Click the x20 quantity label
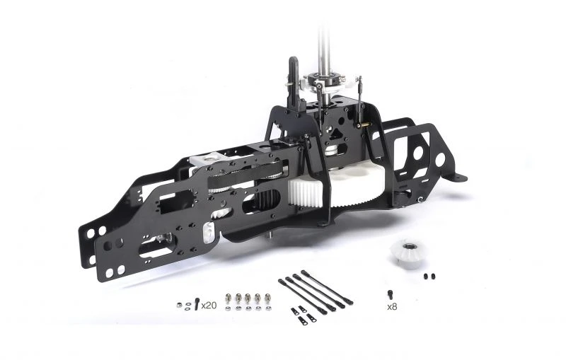click(x=209, y=306)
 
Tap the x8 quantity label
click(x=392, y=307)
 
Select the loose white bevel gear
click(x=408, y=255)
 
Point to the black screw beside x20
click(x=197, y=303)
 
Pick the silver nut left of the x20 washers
click(x=179, y=305)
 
